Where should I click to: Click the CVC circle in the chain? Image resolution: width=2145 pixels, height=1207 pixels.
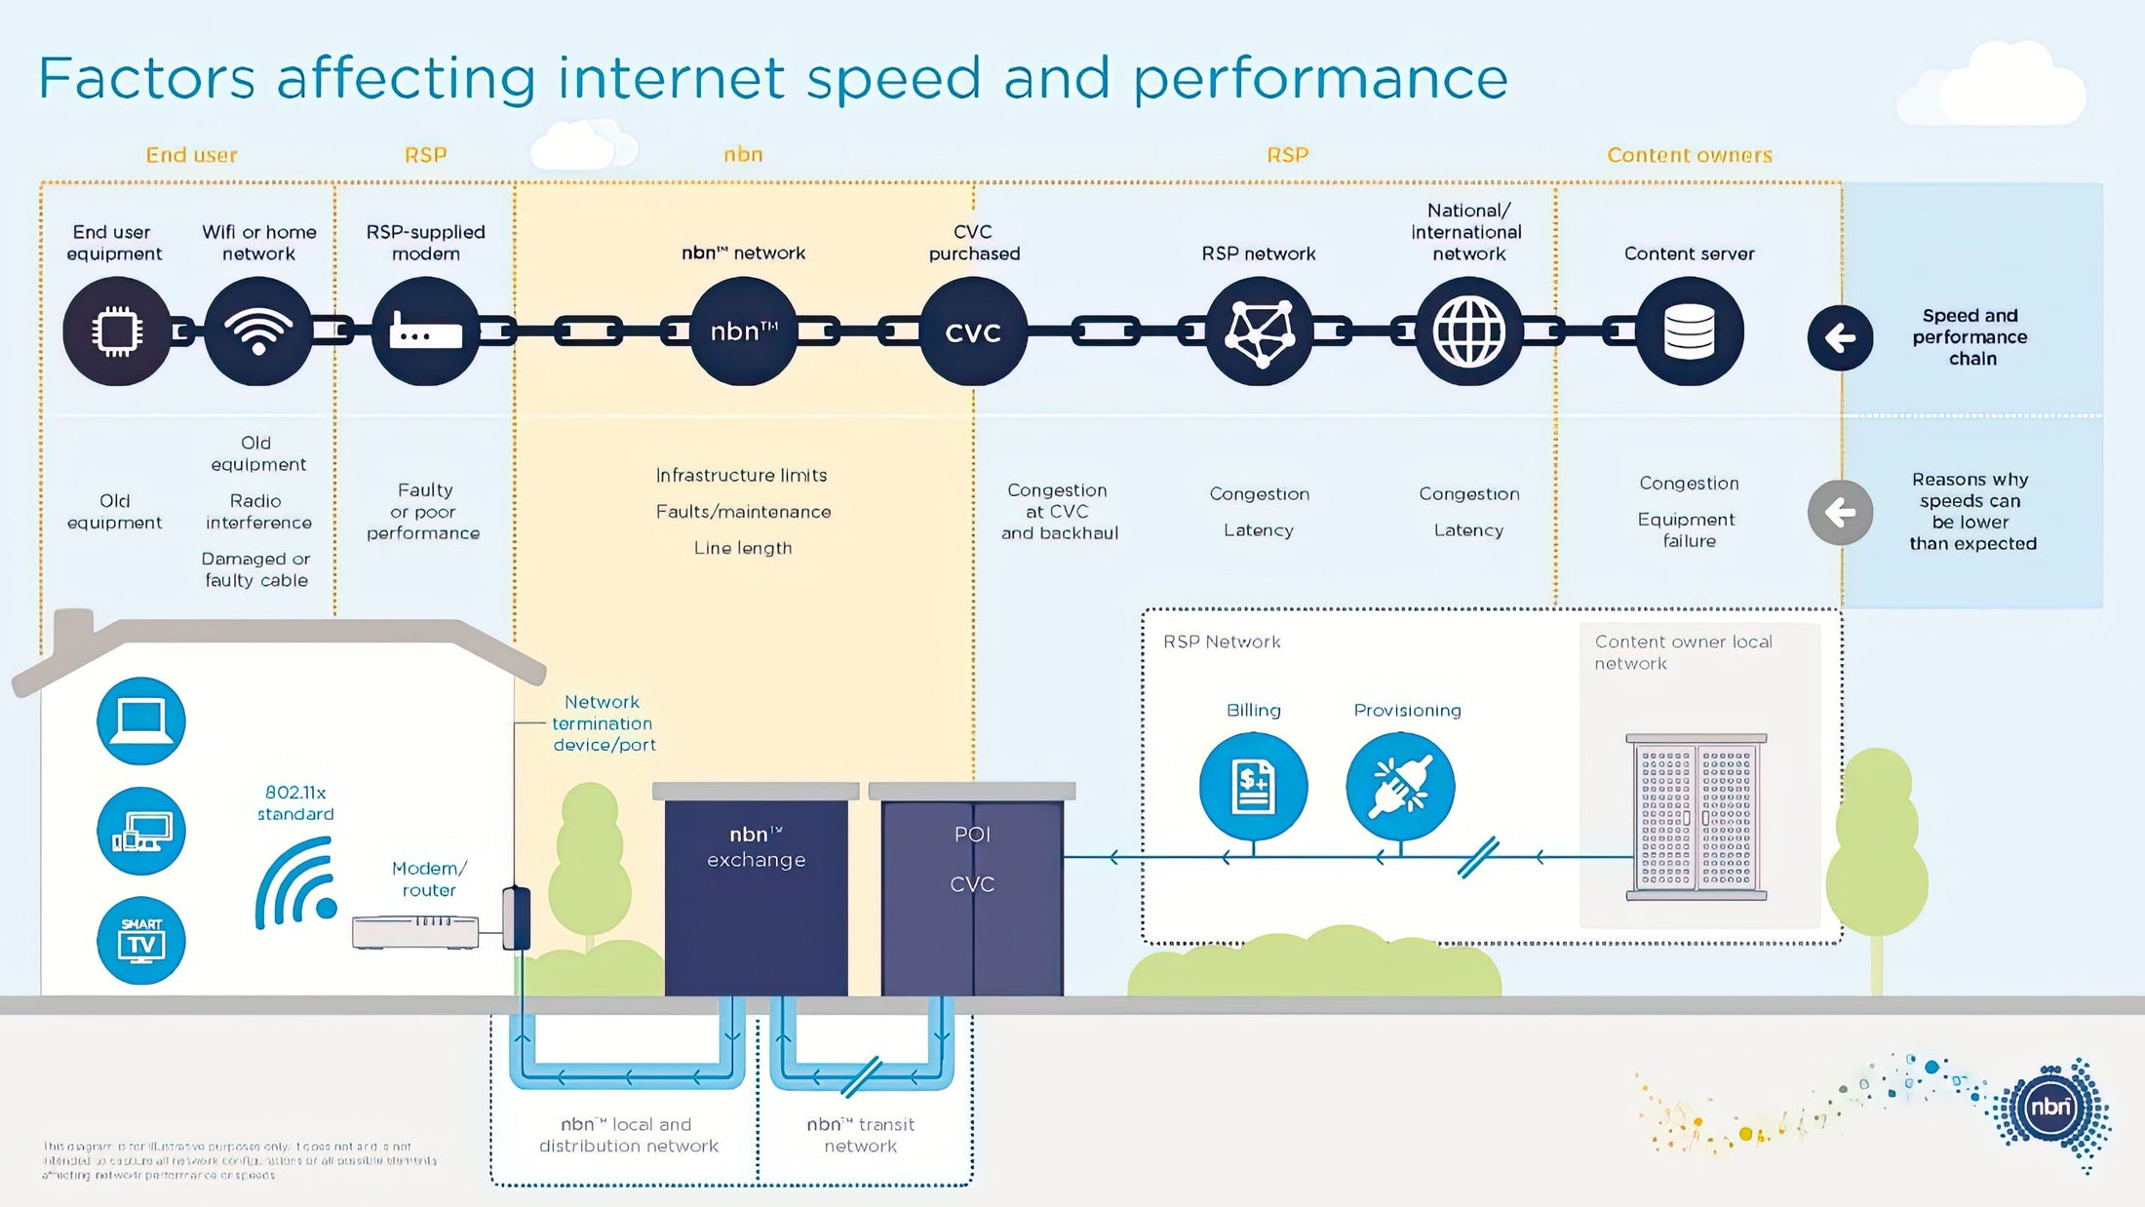[973, 331]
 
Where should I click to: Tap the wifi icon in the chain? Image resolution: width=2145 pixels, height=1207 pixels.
[258, 331]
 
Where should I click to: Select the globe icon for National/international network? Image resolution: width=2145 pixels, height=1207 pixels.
[1468, 331]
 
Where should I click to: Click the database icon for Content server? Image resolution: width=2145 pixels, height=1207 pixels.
[1689, 331]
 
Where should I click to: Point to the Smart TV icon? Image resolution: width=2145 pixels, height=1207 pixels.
[141, 940]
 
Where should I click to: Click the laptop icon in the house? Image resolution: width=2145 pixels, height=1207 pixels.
[141, 721]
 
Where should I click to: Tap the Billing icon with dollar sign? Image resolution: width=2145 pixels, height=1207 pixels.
[1253, 787]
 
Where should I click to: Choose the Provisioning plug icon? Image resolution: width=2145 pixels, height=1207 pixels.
[1400, 787]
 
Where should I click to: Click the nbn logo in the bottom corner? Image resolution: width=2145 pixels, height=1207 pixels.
[2049, 1108]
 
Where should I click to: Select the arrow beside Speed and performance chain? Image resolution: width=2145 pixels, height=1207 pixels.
[1840, 338]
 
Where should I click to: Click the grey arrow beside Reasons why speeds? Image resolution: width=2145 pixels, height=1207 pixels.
[1840, 512]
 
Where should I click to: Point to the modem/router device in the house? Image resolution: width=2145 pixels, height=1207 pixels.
[415, 931]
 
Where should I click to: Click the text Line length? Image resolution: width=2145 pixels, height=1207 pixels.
[743, 548]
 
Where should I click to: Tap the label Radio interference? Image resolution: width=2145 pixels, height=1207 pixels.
[257, 512]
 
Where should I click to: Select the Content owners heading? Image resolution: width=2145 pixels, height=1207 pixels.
[1689, 155]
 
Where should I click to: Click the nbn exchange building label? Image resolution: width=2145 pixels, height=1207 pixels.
[756, 846]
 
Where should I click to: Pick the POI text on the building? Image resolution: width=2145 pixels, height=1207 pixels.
[972, 835]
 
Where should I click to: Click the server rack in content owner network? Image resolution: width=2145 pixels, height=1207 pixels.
[1696, 817]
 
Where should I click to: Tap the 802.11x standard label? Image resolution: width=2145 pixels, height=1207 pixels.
[295, 803]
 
